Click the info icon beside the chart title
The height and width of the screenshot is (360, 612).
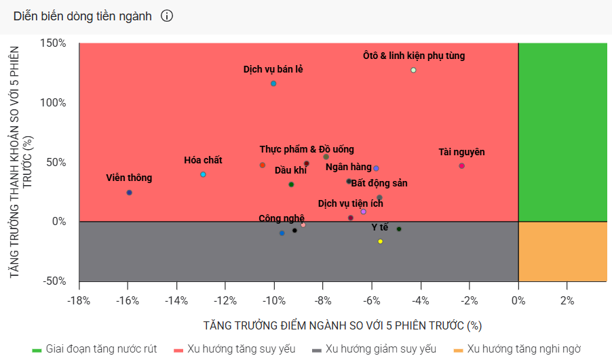[167, 16]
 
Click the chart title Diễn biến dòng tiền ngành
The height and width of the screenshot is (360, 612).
[82, 16]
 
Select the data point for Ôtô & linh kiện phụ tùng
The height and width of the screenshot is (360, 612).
[413, 71]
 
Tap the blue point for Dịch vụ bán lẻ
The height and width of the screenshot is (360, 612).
[273, 83]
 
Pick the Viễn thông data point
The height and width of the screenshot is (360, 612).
[130, 193]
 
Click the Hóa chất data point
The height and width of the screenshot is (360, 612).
[203, 175]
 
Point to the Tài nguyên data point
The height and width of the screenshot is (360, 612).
[461, 166]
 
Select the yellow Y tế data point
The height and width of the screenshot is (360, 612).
[380, 241]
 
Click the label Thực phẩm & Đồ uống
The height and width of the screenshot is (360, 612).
[306, 149]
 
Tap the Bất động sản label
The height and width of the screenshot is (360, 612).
[379, 183]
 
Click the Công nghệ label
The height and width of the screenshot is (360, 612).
[282, 218]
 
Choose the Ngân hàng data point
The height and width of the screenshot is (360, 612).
[376, 168]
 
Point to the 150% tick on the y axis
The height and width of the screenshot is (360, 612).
[52, 43]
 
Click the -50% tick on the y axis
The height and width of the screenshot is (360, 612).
[52, 281]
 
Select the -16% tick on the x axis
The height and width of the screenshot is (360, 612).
[128, 300]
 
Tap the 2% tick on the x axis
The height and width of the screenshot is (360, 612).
[567, 300]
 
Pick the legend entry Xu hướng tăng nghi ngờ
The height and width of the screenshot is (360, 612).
[523, 349]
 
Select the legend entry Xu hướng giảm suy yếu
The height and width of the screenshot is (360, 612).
[381, 349]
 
